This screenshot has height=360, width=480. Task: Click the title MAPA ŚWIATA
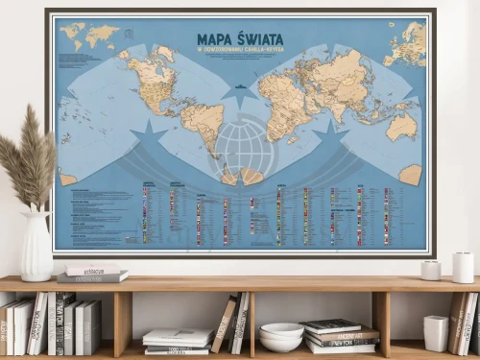click(240, 39)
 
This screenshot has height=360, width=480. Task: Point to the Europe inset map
click(402, 42)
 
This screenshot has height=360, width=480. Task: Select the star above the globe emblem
click(240, 96)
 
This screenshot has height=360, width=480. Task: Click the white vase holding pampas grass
click(37, 247)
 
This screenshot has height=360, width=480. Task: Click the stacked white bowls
click(281, 337)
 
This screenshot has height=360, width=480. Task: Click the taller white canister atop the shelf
click(463, 267)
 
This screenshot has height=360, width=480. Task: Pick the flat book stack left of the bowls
click(178, 342)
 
